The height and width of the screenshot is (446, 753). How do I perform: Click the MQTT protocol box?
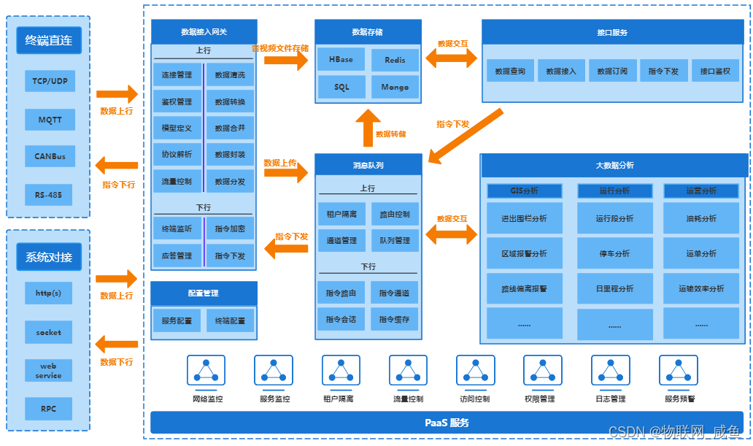coord(50,119)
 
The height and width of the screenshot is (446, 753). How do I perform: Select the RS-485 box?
coord(50,195)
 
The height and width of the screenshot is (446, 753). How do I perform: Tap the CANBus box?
coord(50,156)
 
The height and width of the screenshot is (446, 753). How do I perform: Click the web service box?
coord(49,371)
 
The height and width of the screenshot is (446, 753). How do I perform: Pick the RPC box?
coord(49,408)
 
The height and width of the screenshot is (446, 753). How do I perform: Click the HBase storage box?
coord(341,60)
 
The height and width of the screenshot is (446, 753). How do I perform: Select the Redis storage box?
coord(395,60)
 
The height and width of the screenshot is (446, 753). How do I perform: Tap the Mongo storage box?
coord(395,87)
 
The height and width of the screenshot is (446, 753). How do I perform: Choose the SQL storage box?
coord(341,87)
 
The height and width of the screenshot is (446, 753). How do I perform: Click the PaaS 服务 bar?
coord(447,423)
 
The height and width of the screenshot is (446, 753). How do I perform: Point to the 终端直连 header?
coord(49,41)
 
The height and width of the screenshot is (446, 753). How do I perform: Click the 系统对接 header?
coord(49,257)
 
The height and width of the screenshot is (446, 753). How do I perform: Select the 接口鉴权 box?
coord(714,71)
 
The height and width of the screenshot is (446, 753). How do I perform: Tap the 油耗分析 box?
coord(701,218)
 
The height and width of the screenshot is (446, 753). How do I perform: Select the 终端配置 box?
coord(230,320)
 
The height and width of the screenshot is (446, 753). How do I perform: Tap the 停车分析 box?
coord(614,253)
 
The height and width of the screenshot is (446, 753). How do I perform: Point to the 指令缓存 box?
coord(394,319)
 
